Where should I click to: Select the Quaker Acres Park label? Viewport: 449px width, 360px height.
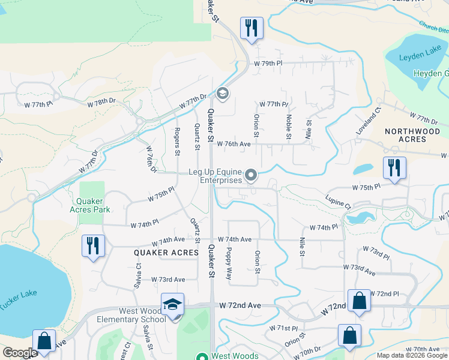pyautogui.click(x=93, y=205)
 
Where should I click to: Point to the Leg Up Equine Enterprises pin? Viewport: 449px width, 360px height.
pyautogui.click(x=251, y=176)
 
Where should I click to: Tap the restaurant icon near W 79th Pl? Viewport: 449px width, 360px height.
pyautogui.click(x=251, y=28)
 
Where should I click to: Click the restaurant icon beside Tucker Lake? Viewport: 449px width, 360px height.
pyautogui.click(x=93, y=246)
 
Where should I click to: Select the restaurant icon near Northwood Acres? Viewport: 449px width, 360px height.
pyautogui.click(x=394, y=168)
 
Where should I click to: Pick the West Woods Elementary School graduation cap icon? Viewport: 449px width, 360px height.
pyautogui.click(x=172, y=304)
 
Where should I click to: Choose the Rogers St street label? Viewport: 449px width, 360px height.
pyautogui.click(x=177, y=141)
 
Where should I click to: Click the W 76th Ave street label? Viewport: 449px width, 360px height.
pyautogui.click(x=234, y=144)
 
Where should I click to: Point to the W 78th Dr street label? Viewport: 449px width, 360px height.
pyautogui.click(x=101, y=103)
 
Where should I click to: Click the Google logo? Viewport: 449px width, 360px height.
pyautogui.click(x=20, y=353)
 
